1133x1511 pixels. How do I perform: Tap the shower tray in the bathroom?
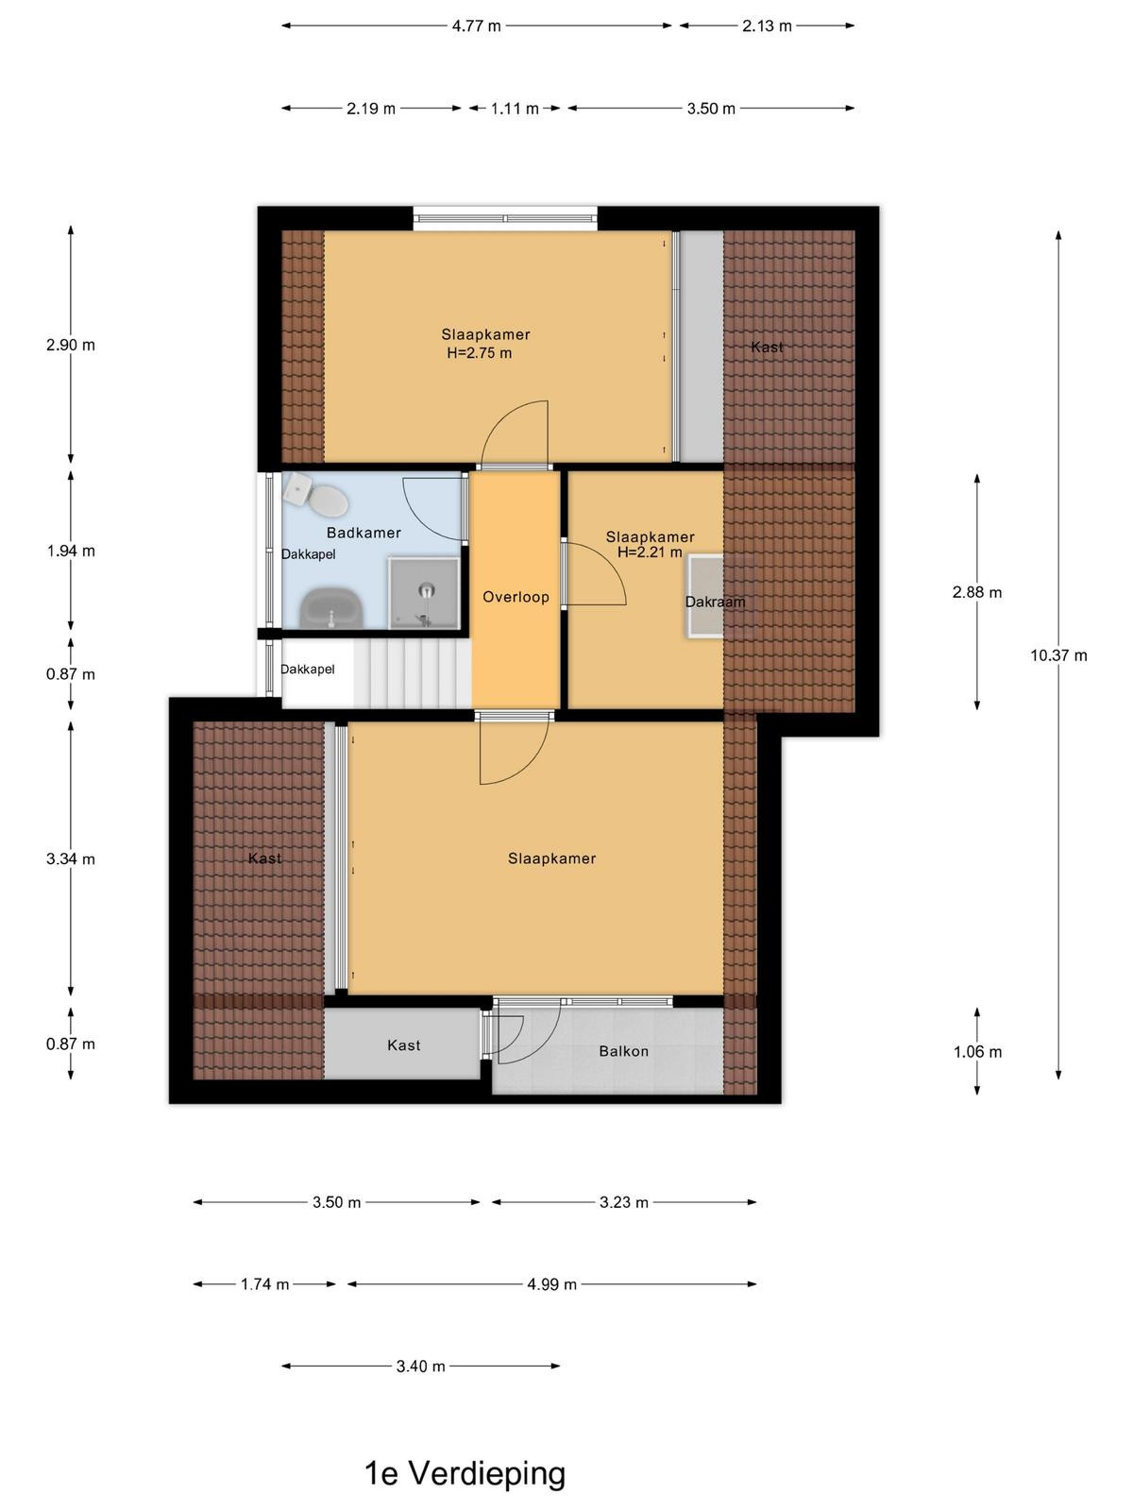pyautogui.click(x=424, y=593)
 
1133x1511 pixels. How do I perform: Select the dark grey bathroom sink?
pyautogui.click(x=331, y=608)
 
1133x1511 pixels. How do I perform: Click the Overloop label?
pyautogui.click(x=516, y=597)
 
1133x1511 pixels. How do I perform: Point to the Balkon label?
pyautogui.click(x=623, y=1051)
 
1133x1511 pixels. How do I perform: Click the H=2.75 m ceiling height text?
pyautogui.click(x=480, y=353)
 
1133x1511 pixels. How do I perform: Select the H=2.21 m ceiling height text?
pyautogui.click(x=651, y=552)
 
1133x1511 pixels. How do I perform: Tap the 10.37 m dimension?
pyautogui.click(x=1058, y=655)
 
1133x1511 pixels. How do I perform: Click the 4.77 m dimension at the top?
pyautogui.click(x=476, y=26)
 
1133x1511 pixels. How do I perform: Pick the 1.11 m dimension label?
pyautogui.click(x=515, y=109)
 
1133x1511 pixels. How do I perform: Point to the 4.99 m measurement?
pyautogui.click(x=551, y=1283)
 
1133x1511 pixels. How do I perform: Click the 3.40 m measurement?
pyautogui.click(x=420, y=1366)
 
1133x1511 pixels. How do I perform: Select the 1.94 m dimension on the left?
pyautogui.click(x=71, y=551)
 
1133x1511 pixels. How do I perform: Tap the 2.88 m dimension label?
pyautogui.click(x=977, y=592)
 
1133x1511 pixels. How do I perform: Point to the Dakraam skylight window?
pyautogui.click(x=704, y=595)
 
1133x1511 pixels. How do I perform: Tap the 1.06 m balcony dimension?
pyautogui.click(x=977, y=1052)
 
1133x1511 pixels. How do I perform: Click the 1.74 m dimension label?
pyautogui.click(x=265, y=1283)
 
